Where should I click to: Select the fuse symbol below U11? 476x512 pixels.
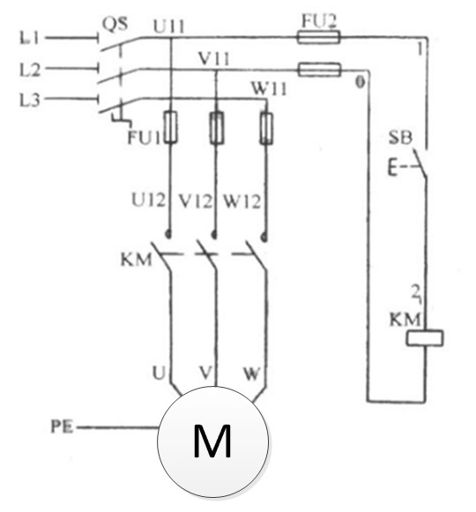169,129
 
